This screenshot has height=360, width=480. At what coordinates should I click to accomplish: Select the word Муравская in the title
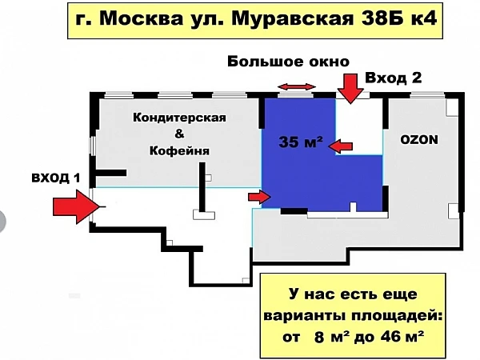pyautogui.click(x=292, y=20)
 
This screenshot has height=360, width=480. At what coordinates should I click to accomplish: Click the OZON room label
pyautogui.click(x=419, y=139)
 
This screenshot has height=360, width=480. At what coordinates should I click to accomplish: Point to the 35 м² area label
pyautogui.click(x=301, y=142)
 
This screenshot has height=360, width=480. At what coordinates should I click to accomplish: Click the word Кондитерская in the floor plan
pyautogui.click(x=179, y=118)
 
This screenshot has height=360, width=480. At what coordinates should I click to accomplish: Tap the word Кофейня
pyautogui.click(x=179, y=150)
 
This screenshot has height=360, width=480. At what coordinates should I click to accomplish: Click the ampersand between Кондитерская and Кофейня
pyautogui.click(x=179, y=134)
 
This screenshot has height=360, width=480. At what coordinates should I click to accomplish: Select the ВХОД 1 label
pyautogui.click(x=56, y=178)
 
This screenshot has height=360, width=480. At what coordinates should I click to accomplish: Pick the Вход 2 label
pyautogui.click(x=394, y=78)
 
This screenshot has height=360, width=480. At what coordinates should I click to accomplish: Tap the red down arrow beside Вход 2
pyautogui.click(x=351, y=88)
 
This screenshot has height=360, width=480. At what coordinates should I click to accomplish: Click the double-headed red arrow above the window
pyautogui.click(x=297, y=87)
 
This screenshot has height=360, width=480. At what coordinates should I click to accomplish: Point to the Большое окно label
pyautogui.click(x=288, y=62)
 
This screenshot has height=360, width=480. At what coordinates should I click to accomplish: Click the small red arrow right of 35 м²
pyautogui.click(x=341, y=146)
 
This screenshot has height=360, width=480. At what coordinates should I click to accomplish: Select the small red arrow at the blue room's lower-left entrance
pyautogui.click(x=259, y=197)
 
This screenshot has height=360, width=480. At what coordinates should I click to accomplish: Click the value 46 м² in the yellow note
pyautogui.click(x=402, y=337)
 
